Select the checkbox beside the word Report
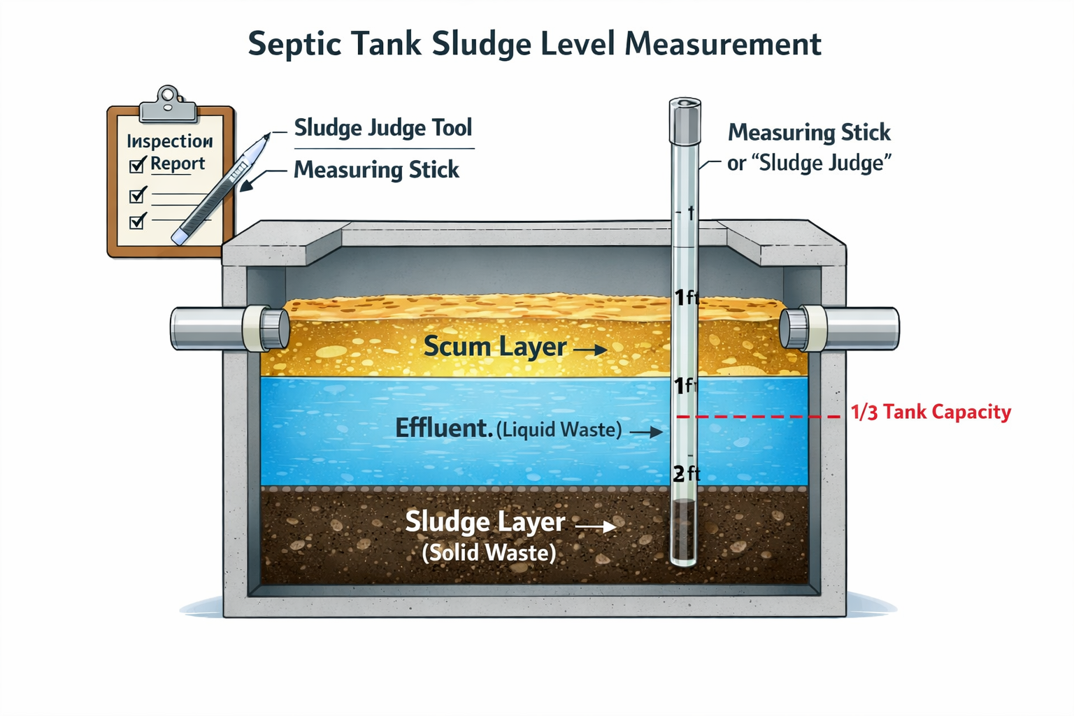pyautogui.click(x=137, y=166)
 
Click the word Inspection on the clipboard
pyautogui.click(x=170, y=141)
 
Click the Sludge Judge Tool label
pyautogui.click(x=383, y=128)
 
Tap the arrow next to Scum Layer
pyautogui.click(x=591, y=349)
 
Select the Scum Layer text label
pyautogui.click(x=495, y=347)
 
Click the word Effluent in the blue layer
pyautogui.click(x=443, y=428)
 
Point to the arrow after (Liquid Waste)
pyautogui.click(x=646, y=432)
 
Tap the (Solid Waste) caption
pyautogui.click(x=489, y=553)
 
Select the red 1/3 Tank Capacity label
pyautogui.click(x=931, y=412)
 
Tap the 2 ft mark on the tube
pyautogui.click(x=686, y=474)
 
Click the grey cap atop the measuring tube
pyautogui.click(x=685, y=121)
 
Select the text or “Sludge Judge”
pyautogui.click(x=809, y=163)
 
